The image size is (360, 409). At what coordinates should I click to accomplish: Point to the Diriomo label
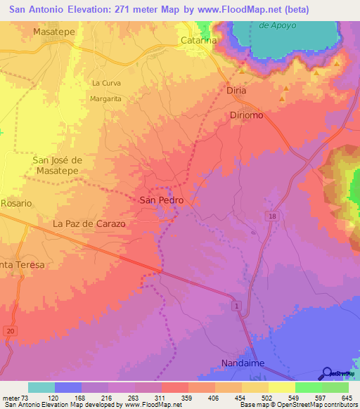(x=246, y=115)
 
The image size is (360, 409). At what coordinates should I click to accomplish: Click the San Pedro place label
(x=162, y=200)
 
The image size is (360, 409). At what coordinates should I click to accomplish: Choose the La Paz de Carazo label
(x=89, y=224)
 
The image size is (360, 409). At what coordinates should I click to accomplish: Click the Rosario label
(x=16, y=203)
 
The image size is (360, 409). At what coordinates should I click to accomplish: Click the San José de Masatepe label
(x=58, y=166)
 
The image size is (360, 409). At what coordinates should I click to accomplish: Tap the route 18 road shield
(x=271, y=216)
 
